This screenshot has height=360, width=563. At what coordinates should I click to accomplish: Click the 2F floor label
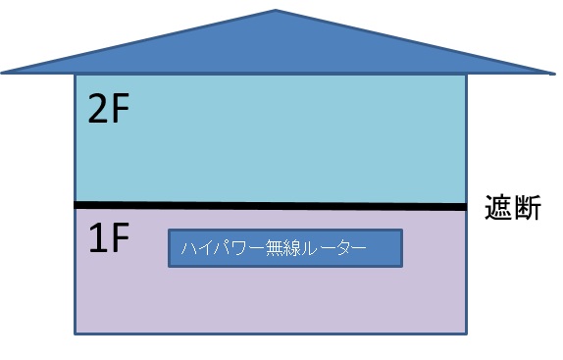[109, 110]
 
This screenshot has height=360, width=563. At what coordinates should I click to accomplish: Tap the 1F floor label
[108, 240]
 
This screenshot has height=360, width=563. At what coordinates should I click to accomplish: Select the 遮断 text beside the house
[513, 209]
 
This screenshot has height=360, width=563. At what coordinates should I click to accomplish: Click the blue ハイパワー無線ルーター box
[284, 249]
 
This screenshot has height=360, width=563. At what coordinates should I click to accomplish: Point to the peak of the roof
[276, 11]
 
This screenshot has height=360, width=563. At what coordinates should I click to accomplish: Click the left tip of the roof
[4, 72]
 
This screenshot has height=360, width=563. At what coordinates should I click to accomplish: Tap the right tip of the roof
[554, 73]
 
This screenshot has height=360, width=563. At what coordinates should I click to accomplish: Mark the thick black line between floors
[270, 205]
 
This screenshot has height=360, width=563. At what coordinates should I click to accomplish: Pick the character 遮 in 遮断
[499, 209]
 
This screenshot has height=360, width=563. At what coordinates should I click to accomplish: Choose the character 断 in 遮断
[527, 209]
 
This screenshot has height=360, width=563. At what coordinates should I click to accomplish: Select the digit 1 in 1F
[98, 240]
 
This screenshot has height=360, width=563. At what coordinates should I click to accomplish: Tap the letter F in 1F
[119, 240]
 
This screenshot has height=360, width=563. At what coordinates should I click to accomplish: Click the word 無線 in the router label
[293, 249]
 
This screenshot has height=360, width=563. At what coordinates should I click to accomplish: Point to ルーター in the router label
[339, 249]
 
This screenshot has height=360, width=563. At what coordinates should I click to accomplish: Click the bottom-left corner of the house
[76, 332]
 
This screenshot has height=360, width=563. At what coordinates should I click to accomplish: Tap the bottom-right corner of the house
[466, 332]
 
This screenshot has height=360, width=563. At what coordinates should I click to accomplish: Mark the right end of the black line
[465, 207]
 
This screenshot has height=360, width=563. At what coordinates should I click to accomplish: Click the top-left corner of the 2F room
[77, 75]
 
